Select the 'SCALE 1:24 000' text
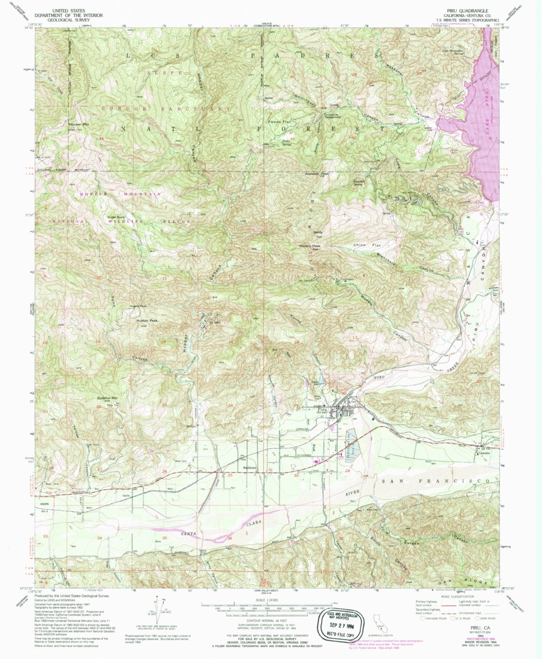pyautogui.click(x=266, y=600)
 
